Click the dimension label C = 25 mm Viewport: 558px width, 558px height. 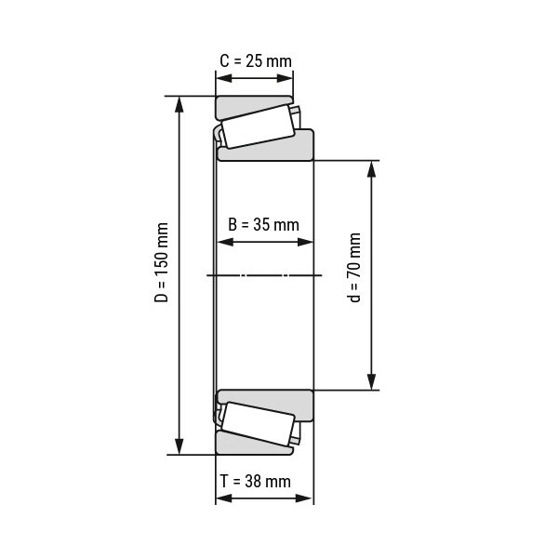[255, 61]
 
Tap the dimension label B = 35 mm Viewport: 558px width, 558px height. [264, 224]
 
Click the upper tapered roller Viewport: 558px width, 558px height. [258, 126]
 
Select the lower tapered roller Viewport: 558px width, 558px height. [258, 425]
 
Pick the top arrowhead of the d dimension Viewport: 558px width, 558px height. [372, 168]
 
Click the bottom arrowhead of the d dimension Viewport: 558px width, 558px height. [372, 382]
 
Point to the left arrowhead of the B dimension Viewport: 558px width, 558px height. [223, 242]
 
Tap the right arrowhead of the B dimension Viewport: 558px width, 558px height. [307, 242]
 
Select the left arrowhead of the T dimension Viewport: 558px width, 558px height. [222, 498]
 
